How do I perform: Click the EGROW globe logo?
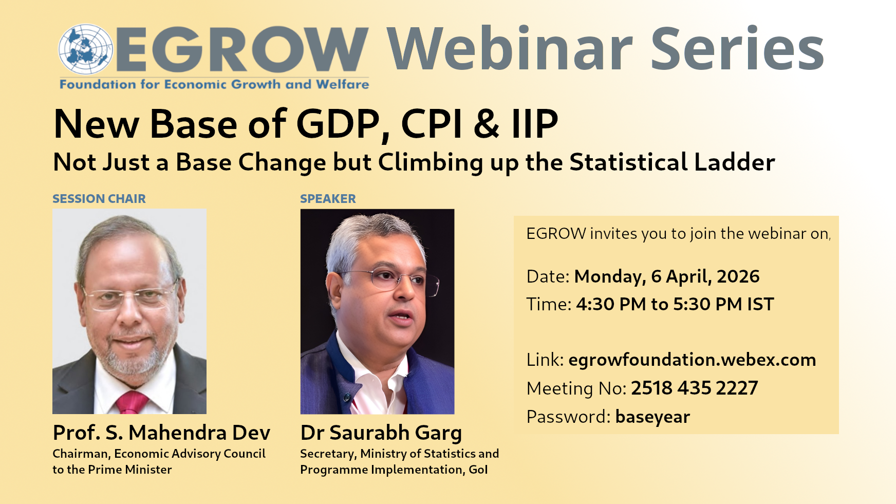(85, 49)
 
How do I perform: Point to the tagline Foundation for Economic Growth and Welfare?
(214, 84)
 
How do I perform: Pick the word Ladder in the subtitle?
(734, 162)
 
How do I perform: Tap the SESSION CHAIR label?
(99, 199)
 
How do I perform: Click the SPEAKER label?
(328, 199)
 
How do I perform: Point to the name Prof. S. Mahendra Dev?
(161, 433)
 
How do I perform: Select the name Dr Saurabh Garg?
(381, 433)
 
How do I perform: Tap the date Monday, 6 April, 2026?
(667, 277)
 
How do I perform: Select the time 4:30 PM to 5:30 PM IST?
(675, 304)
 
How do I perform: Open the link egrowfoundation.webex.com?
(692, 360)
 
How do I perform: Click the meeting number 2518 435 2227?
(695, 388)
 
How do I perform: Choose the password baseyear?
(652, 417)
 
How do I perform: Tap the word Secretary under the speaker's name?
(328, 454)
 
